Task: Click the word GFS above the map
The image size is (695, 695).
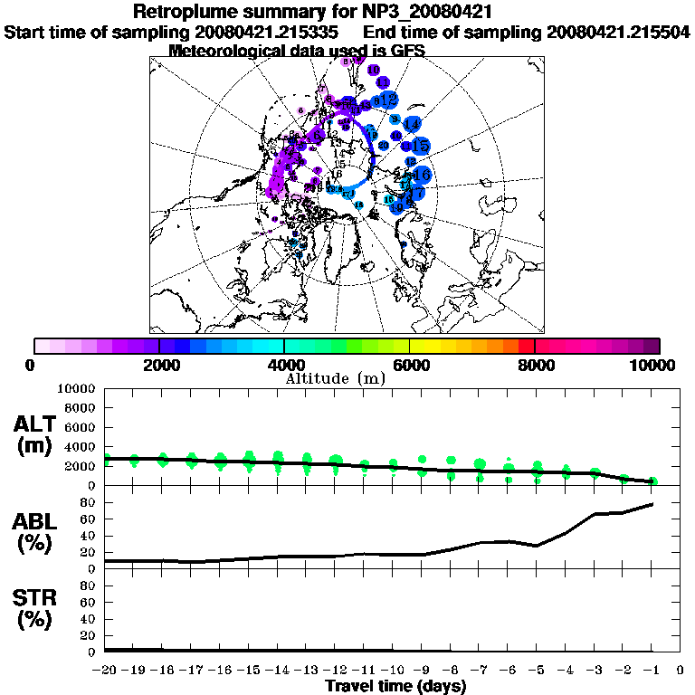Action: coord(405,51)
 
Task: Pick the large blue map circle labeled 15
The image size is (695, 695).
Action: coord(420,145)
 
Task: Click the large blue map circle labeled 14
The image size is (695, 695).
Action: coord(411,124)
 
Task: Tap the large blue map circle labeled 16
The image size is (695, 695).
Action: coord(421,176)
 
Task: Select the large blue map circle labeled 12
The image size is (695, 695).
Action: coord(389,99)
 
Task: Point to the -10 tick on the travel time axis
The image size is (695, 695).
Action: coord(392,670)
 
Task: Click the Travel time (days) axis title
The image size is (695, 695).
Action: coord(395,687)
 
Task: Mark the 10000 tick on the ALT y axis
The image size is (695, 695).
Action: coord(76,388)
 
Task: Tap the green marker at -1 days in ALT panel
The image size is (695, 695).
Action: coord(652,481)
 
